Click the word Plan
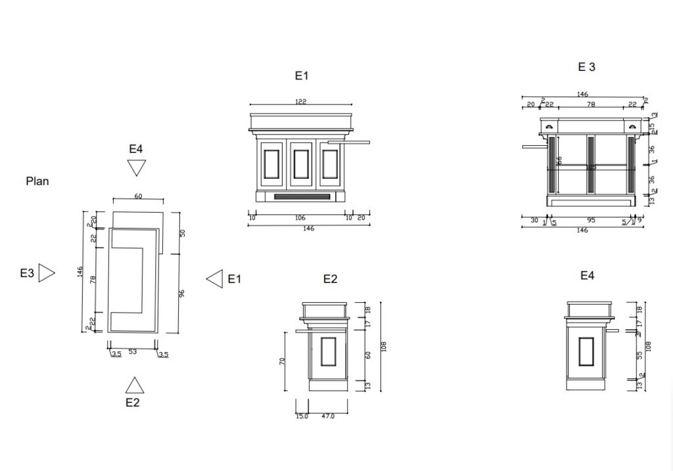(37, 181)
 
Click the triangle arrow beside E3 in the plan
(46, 273)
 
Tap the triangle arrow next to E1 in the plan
(215, 279)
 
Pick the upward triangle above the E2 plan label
(134, 386)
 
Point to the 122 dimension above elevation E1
(301, 101)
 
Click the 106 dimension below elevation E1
(301, 217)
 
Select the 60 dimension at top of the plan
(138, 195)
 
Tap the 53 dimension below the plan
(133, 352)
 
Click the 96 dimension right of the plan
(181, 293)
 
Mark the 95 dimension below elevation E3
(591, 221)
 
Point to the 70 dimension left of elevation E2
(283, 361)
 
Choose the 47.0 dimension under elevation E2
(328, 416)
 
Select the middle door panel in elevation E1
(301, 164)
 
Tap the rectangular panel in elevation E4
(586, 351)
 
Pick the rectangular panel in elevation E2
(328, 351)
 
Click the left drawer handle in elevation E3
(548, 126)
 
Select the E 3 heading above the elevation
(586, 66)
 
